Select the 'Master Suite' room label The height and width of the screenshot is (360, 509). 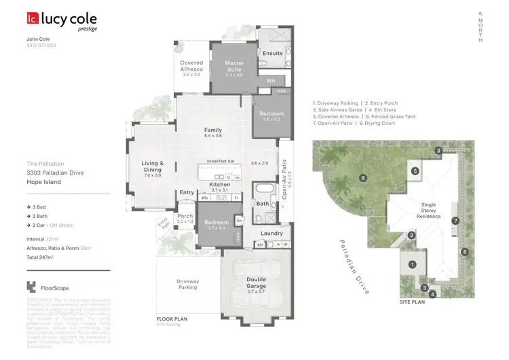233,66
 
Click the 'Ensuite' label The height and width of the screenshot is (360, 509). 273,53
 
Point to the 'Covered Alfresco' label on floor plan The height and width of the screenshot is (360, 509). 191,67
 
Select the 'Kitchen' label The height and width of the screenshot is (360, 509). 220,185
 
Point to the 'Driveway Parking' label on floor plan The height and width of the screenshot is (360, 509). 187,283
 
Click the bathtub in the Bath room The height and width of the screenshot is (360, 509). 262,188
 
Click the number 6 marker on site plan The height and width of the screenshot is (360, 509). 364,178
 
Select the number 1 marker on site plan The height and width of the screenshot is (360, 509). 411,264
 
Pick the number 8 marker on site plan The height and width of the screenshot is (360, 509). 464,252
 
